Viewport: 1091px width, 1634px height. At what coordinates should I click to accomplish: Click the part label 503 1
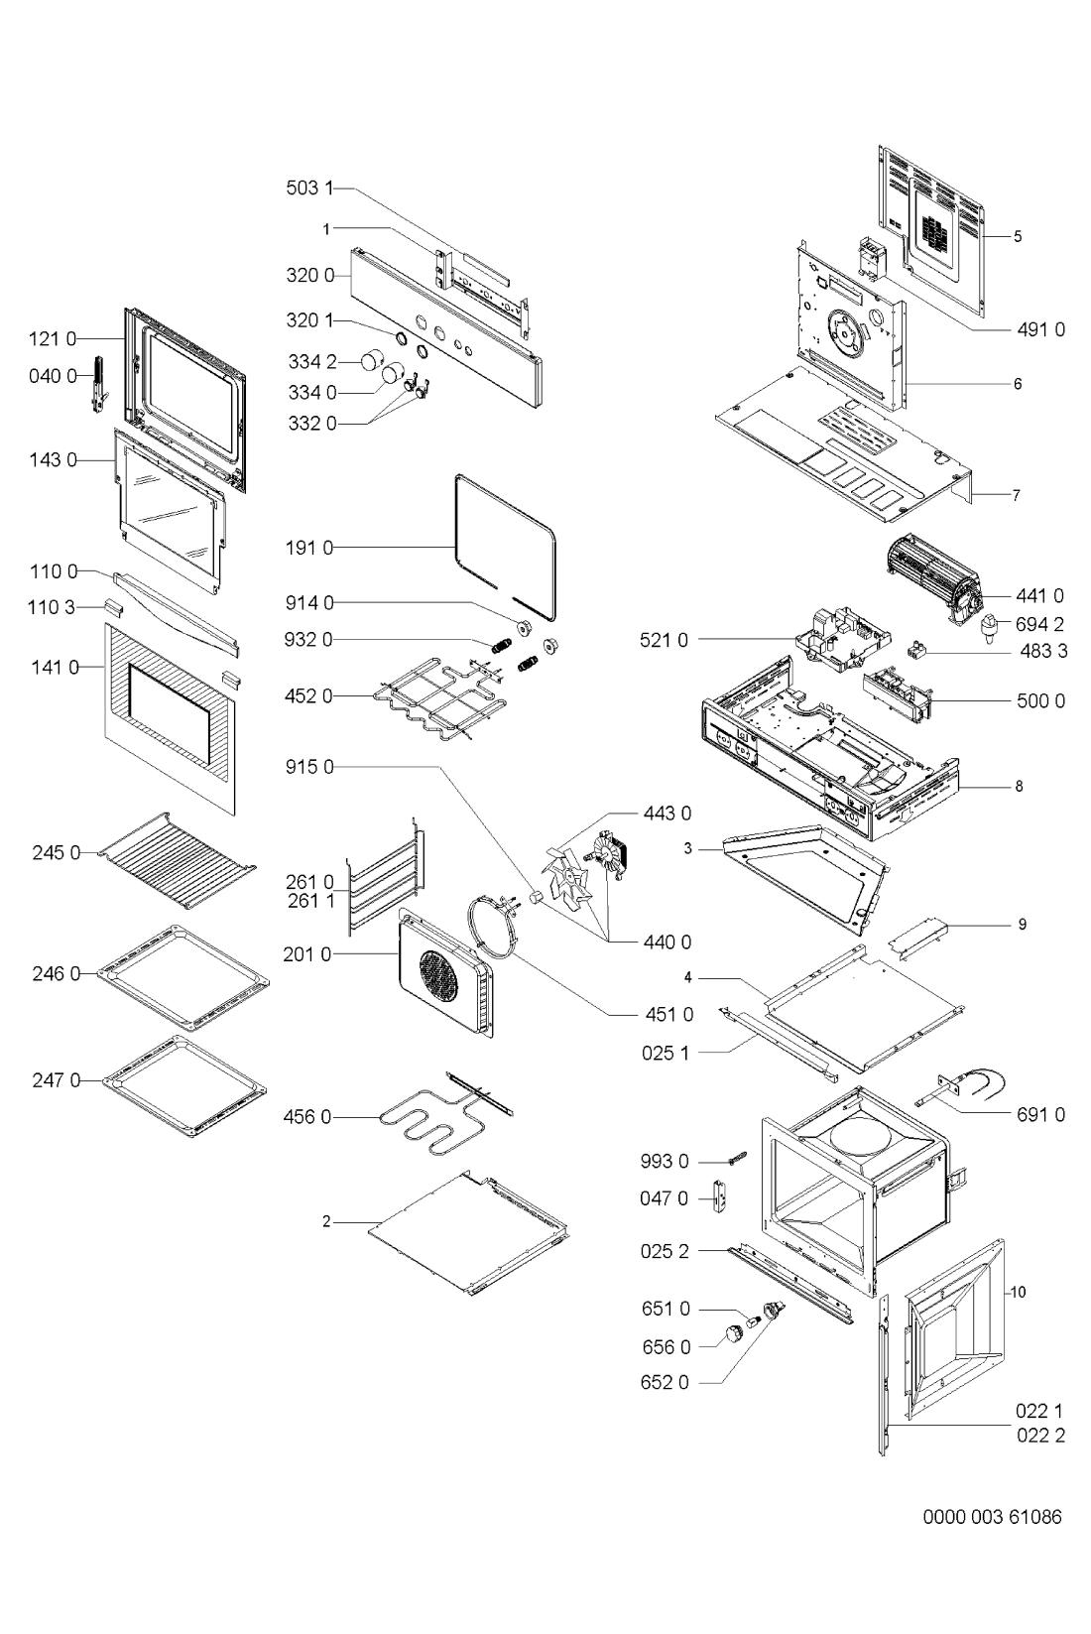click(309, 189)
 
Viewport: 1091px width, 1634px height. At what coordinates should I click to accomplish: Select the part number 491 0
click(1040, 329)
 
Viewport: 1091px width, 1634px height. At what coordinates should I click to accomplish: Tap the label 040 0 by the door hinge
click(53, 376)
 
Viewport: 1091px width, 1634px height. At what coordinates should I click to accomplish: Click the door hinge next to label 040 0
click(99, 384)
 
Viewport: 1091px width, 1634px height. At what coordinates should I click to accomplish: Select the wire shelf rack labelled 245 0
click(178, 860)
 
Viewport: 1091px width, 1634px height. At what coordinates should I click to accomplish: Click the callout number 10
click(1018, 1292)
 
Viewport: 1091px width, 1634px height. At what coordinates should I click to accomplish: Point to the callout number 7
click(1016, 495)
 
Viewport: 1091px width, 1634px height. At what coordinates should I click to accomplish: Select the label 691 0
click(1040, 1114)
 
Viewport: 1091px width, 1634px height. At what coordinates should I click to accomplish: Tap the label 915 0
click(309, 767)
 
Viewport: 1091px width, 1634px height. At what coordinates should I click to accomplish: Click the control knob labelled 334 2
click(374, 359)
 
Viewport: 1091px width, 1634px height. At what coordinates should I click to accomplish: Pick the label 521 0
click(664, 640)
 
